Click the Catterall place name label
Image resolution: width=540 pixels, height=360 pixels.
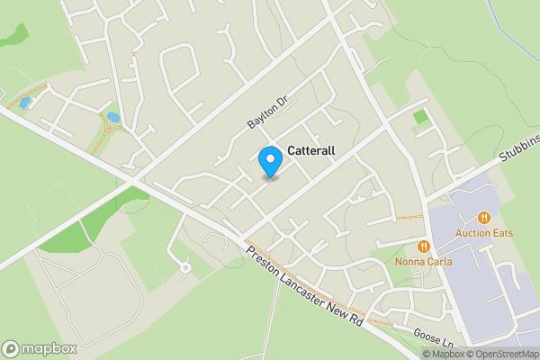coord(311,152)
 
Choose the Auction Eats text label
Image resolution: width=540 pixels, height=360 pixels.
coord(484,233)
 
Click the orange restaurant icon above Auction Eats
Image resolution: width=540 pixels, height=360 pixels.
coord(484,217)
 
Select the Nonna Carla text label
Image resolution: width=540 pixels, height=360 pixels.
coord(423,262)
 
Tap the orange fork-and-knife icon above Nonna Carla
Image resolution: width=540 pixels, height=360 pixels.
coord(423,246)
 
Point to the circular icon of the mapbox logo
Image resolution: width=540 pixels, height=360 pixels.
coord(12,348)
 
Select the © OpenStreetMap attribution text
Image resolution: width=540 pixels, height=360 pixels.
coord(501,354)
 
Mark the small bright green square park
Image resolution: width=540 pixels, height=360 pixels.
coord(419,116)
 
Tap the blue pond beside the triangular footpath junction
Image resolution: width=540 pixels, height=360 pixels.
coord(113,118)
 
